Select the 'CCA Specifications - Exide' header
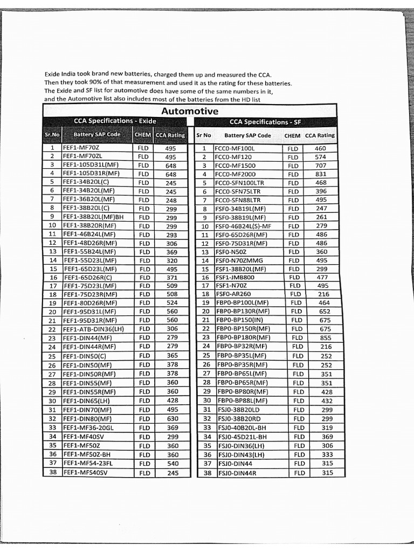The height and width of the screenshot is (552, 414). pyautogui.click(x=111, y=122)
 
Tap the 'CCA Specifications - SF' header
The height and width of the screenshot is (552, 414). pyautogui.click(x=266, y=122)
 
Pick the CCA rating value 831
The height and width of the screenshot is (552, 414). pyautogui.click(x=321, y=174)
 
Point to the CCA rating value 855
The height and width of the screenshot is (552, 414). pyautogui.click(x=326, y=337)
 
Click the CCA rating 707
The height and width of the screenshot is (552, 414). pyautogui.click(x=321, y=165)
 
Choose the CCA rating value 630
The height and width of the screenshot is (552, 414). pyautogui.click(x=172, y=418)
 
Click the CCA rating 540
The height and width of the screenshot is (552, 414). pyautogui.click(x=172, y=463)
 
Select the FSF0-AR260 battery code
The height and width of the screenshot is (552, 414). pyautogui.click(x=233, y=294)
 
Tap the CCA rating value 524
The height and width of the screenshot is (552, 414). pyautogui.click(x=172, y=303)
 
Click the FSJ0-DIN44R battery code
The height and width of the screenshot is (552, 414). pyautogui.click(x=237, y=473)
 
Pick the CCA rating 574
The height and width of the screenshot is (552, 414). pyautogui.click(x=321, y=157)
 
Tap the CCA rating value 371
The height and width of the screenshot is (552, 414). pyautogui.click(x=172, y=277)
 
